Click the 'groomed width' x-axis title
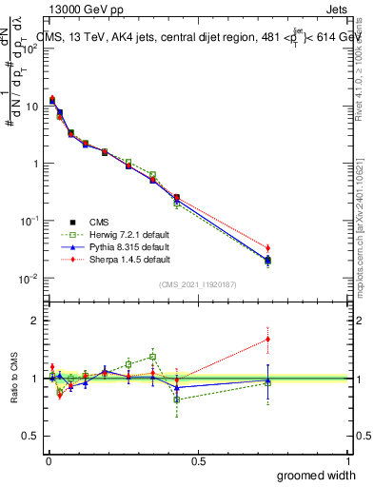click(x=319, y=475)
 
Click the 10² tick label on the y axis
click(x=30, y=49)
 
